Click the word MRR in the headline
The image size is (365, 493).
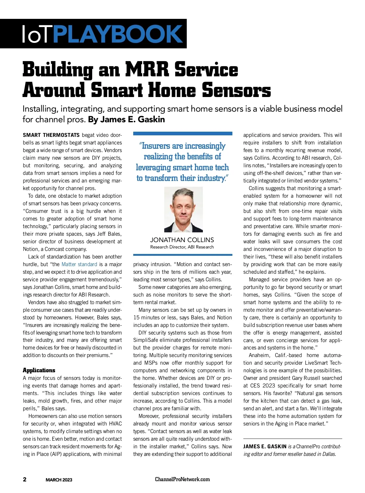(147, 69)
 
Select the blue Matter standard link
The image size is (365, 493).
(79, 264)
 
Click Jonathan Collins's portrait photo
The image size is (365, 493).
(183, 210)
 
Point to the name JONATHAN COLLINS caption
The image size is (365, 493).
(182, 240)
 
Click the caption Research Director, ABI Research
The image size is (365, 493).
(182, 247)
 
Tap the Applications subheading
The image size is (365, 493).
(39, 370)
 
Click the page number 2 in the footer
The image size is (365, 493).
(25, 479)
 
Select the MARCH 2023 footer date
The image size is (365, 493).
(59, 480)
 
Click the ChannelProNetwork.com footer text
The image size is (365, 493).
(182, 479)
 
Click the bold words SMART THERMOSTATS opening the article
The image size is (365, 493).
(51, 135)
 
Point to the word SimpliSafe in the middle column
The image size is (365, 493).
(147, 340)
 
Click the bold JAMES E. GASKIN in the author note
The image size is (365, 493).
(265, 446)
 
